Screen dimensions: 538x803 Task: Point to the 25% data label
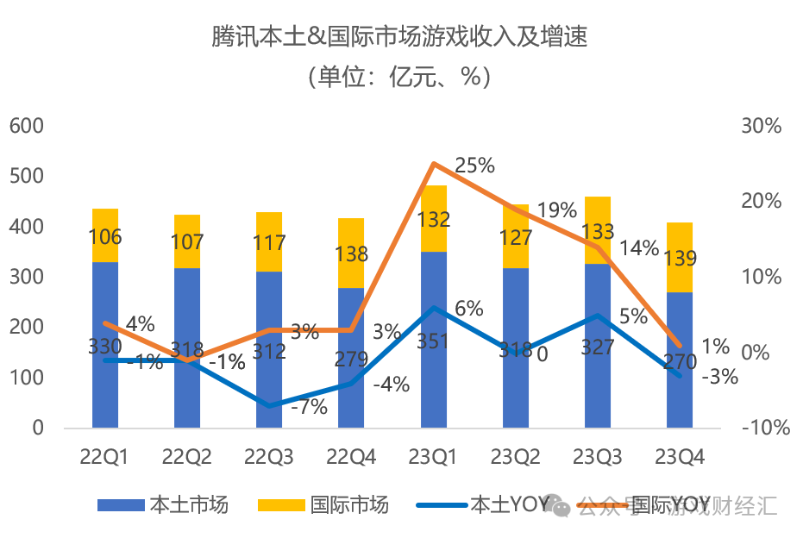click(474, 165)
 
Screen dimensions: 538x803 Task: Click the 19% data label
click(556, 210)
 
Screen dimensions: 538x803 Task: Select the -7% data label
click(308, 406)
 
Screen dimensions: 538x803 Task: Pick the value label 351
click(433, 341)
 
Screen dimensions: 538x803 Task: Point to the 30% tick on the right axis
click(761, 126)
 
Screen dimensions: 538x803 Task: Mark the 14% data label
click(639, 248)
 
